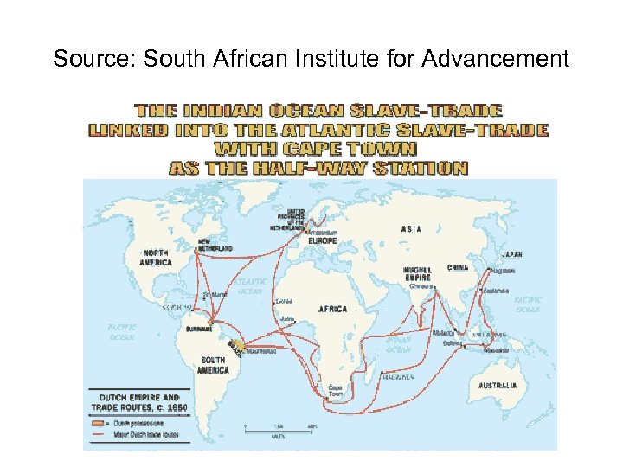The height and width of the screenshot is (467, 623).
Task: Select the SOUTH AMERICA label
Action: (x=213, y=364)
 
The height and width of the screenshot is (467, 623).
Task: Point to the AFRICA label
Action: (x=332, y=309)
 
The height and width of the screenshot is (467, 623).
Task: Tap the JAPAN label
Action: (x=511, y=254)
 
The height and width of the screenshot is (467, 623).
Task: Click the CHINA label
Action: (x=458, y=268)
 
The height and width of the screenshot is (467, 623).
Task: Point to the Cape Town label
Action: (x=334, y=390)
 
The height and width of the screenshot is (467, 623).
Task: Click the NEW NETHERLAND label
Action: (x=215, y=245)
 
